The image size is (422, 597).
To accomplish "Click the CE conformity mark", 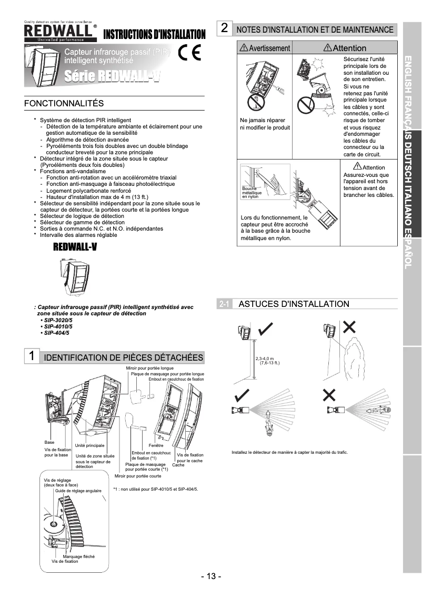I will click(x=189, y=53).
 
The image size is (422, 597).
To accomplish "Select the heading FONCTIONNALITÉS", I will click(x=64, y=103).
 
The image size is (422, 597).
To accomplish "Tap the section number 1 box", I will click(x=32, y=356).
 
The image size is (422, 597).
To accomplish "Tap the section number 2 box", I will click(x=225, y=28).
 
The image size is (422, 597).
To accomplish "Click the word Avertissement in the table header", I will click(x=269, y=48).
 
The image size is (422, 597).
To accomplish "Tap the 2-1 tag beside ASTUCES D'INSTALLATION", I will click(x=224, y=304).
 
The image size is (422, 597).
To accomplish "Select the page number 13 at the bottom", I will click(x=211, y=576).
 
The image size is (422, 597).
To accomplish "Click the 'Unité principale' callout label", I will click(x=89, y=445).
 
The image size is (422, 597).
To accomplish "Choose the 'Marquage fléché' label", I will click(x=78, y=556).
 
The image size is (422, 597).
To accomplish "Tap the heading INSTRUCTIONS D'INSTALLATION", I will click(x=154, y=35).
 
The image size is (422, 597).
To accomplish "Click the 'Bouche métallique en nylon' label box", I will click(x=252, y=192).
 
